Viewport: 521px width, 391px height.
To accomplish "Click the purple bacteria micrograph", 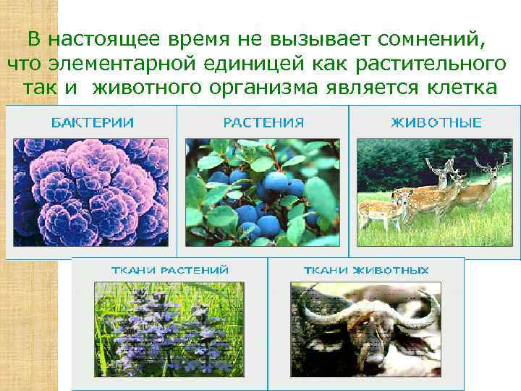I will [91, 192].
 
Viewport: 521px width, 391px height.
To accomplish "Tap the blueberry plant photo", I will [263, 192].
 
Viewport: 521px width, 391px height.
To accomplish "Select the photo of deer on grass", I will [435, 192].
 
